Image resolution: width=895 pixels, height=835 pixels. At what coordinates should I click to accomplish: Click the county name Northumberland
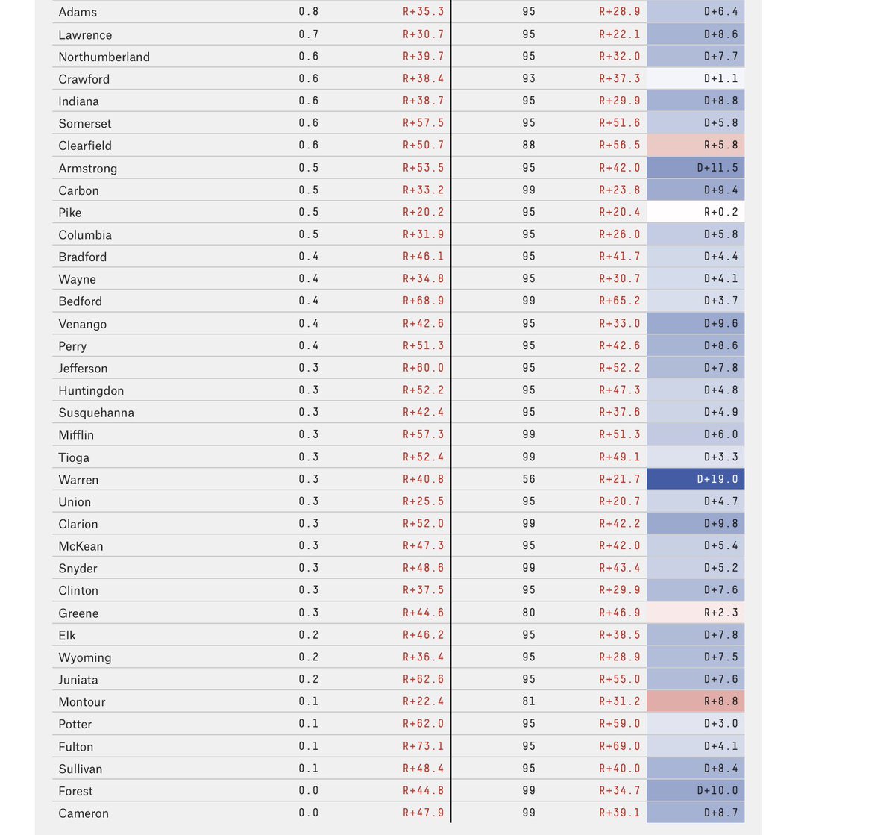tap(104, 57)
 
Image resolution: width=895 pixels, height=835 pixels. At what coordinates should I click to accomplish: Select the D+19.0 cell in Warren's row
tap(696, 479)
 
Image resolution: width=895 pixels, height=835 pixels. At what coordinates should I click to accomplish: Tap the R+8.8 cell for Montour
tap(696, 701)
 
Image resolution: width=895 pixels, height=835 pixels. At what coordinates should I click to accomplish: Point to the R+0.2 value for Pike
tap(696, 212)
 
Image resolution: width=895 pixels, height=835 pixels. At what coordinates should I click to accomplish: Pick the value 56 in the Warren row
tap(529, 479)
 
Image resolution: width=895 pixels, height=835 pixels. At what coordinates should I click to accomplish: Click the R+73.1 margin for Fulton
tap(423, 746)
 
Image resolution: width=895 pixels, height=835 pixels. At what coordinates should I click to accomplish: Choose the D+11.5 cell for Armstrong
tap(696, 168)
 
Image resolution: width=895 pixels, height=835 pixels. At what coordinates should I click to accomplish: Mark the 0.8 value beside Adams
tap(308, 12)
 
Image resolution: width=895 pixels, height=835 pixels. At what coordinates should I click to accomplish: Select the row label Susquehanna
tap(96, 413)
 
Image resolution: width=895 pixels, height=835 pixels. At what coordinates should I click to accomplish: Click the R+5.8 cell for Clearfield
tap(696, 146)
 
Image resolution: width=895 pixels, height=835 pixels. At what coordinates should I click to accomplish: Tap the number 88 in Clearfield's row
tap(529, 146)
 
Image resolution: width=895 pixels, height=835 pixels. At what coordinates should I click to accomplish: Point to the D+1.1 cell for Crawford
tap(696, 78)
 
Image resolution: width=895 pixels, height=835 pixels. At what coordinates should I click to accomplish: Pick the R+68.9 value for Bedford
tap(423, 301)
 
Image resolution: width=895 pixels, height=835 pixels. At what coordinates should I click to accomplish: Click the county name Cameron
tap(84, 813)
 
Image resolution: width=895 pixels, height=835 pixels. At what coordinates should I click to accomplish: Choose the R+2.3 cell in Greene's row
tap(696, 613)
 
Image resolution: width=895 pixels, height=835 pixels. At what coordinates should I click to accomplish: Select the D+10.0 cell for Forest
tap(696, 791)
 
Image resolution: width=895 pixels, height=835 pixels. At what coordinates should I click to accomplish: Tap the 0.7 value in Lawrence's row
tap(308, 34)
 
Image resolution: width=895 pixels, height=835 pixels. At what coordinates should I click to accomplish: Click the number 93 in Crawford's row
tap(529, 78)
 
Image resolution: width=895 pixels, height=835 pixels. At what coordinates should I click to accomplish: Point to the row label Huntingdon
tap(91, 390)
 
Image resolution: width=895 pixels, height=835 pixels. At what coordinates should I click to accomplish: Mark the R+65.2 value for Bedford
tap(619, 301)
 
